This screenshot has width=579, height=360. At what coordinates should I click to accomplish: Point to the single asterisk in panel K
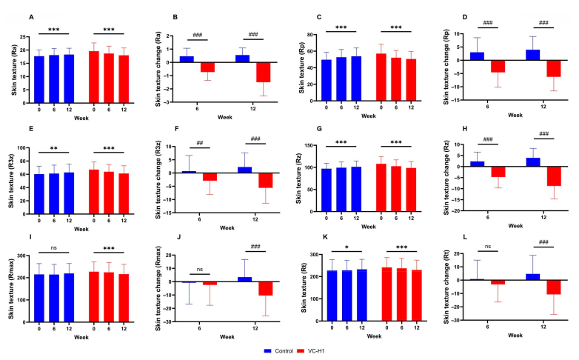(x=344, y=250)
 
